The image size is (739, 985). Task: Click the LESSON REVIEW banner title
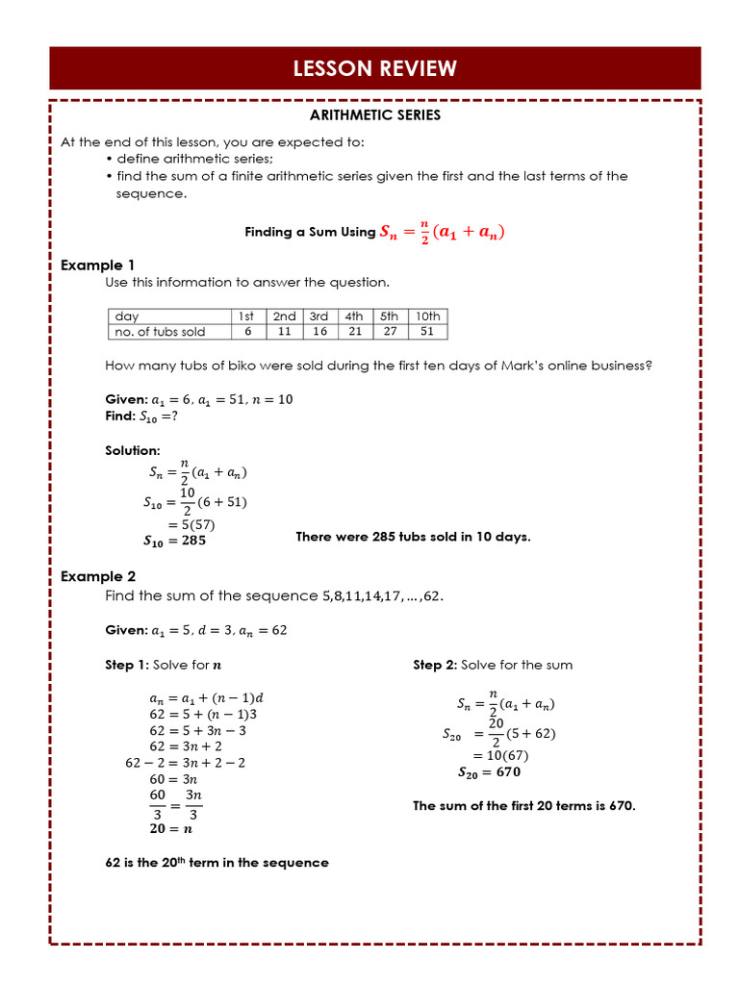tap(374, 68)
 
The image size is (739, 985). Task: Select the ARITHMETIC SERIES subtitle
tap(374, 115)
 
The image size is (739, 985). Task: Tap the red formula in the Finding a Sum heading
tap(443, 232)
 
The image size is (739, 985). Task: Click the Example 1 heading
tap(98, 265)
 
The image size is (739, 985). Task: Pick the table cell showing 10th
tap(427, 316)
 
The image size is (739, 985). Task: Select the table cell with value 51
tap(427, 332)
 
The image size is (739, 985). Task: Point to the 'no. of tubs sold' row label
tap(160, 332)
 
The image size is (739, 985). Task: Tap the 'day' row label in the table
tap(127, 316)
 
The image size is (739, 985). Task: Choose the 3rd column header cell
tap(319, 316)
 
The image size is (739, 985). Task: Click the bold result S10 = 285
tap(174, 541)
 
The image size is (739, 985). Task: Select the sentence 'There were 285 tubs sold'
tap(413, 537)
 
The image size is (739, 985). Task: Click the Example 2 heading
tap(98, 576)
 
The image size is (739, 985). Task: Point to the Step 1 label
tap(127, 665)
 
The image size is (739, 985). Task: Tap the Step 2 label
tap(436, 665)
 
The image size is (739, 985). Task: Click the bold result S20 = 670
tap(489, 771)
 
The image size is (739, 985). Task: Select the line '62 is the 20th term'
tap(217, 863)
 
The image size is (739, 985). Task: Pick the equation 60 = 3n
tap(173, 778)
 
